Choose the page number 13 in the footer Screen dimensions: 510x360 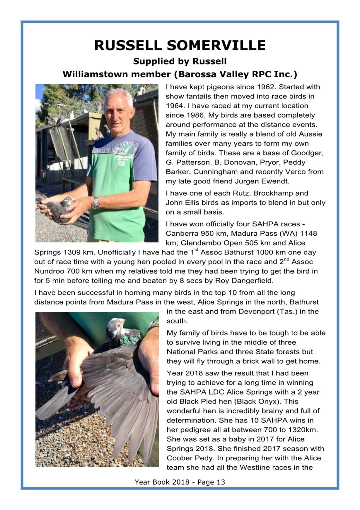[x=221, y=482]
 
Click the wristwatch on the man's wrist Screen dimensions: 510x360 [x=96, y=203]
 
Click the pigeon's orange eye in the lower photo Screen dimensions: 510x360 [x=118, y=325]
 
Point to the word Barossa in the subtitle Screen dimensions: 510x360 [x=199, y=74]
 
